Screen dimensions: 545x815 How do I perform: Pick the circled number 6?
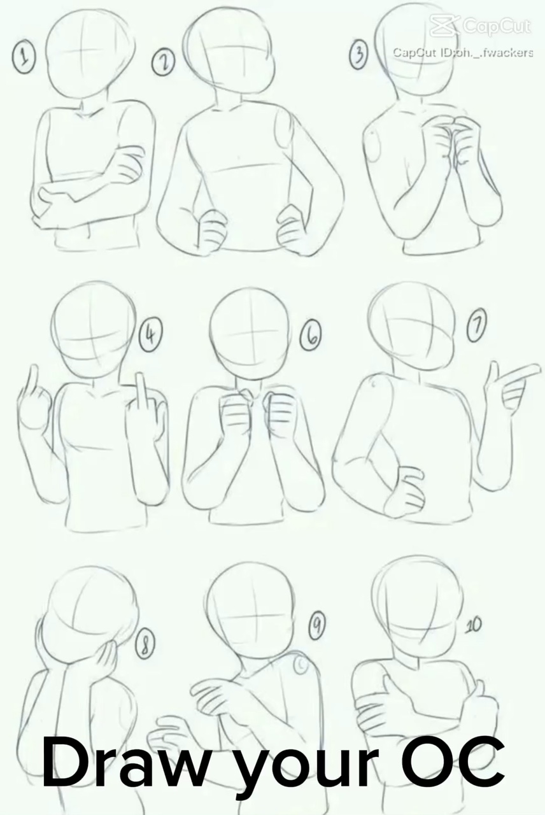pos(311,338)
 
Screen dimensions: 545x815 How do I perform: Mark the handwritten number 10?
pos(473,625)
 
